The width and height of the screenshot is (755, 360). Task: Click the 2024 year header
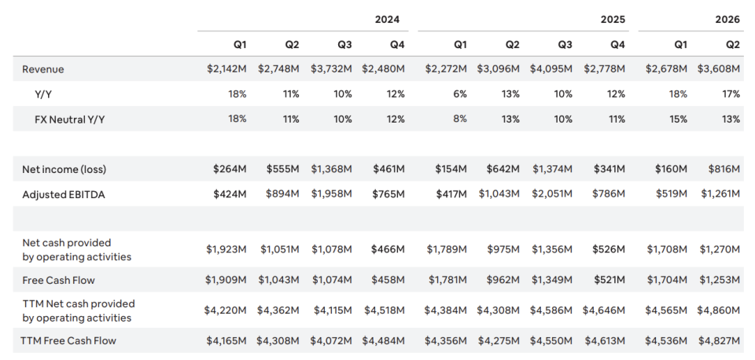(387, 19)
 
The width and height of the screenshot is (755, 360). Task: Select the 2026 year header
(727, 19)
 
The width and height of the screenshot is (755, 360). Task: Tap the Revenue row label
(42, 69)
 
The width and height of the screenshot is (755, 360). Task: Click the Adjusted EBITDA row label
(64, 194)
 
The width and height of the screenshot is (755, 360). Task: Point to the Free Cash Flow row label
(58, 280)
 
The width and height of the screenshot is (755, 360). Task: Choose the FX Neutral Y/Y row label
(69, 119)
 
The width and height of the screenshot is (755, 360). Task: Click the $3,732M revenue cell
(331, 69)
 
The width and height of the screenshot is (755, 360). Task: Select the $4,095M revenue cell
(551, 69)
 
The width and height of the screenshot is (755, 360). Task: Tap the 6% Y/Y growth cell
(460, 94)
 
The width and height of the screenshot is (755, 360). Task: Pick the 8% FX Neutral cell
(460, 119)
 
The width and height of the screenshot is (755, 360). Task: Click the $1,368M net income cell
(331, 169)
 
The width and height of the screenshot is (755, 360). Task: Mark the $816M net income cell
(724, 169)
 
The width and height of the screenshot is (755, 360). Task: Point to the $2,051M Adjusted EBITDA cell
(552, 194)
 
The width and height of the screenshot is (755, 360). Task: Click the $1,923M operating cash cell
(226, 249)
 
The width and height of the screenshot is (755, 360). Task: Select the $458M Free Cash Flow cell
(388, 280)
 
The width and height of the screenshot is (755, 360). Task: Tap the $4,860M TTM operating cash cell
(718, 310)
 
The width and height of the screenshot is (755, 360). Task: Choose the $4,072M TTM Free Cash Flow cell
(331, 341)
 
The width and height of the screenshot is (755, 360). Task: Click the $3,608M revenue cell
(718, 69)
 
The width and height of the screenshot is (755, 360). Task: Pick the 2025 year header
(613, 19)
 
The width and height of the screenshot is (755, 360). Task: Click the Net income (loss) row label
(64, 170)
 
